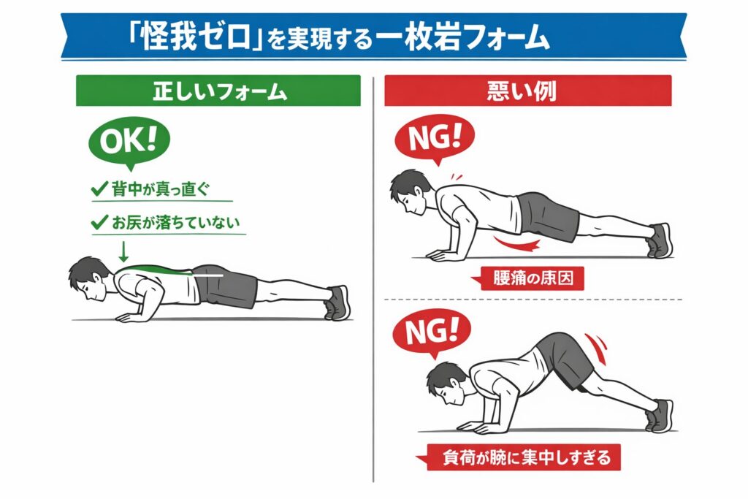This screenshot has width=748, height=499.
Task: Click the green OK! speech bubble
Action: tap(129, 141)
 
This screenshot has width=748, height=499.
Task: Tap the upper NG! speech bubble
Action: tap(435, 138)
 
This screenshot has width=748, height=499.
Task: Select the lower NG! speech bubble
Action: tap(431, 332)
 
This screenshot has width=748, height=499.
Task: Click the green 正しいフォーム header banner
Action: tap(218, 91)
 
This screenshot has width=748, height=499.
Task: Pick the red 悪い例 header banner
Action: tap(528, 91)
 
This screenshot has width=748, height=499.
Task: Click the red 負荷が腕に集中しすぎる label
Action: tap(519, 457)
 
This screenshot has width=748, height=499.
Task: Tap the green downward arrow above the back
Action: tap(123, 252)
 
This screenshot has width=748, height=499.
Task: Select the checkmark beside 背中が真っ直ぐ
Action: tap(99, 189)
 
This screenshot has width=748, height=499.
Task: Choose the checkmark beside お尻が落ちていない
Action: tap(99, 222)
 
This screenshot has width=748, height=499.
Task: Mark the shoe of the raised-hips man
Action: tap(660, 416)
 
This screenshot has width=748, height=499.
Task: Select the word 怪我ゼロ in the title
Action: tap(196, 37)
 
